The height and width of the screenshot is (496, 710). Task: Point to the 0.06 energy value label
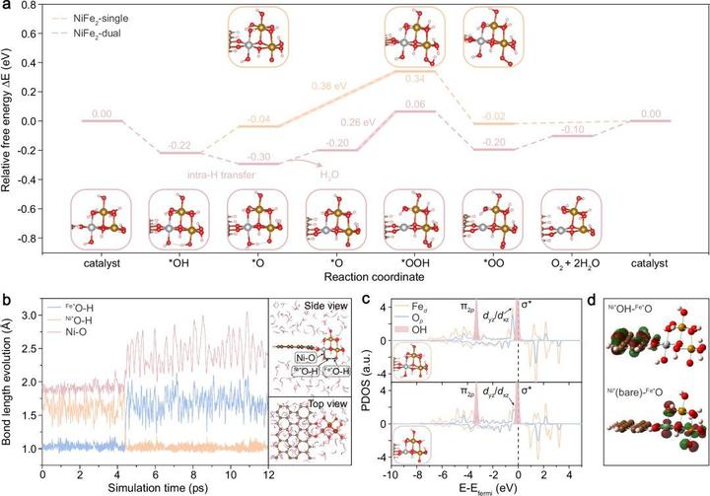point(416,104)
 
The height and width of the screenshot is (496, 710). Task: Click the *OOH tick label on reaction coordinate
point(414,263)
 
